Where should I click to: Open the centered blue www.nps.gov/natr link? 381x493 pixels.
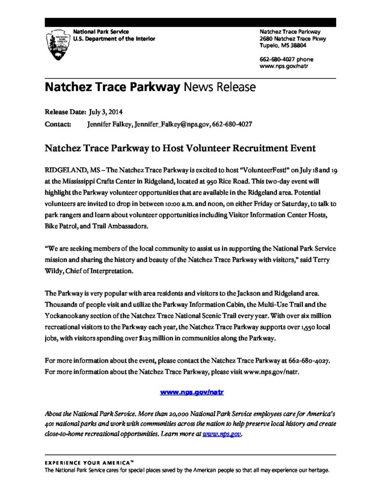point(192,392)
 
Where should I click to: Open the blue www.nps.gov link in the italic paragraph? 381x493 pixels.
point(221,434)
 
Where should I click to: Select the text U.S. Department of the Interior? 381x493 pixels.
point(114,39)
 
